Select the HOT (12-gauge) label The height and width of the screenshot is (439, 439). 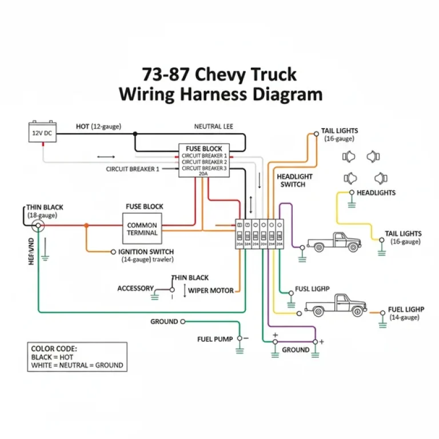pos(98,126)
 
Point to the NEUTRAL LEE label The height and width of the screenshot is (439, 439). pos(213,126)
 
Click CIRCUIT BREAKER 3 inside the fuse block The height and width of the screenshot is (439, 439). pos(204,168)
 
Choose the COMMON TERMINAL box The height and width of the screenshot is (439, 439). pos(142,229)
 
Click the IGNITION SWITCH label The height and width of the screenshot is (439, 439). pos(146,252)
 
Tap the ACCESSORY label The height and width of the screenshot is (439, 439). pos(135,288)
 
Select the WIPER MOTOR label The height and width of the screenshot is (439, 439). pos(211,290)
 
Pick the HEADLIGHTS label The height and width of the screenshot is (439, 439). pos(376,193)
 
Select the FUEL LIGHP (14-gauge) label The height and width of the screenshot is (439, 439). pos(406,313)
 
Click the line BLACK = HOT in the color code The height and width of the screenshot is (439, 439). pos(52,357)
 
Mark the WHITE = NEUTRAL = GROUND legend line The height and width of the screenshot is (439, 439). pos(77,365)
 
